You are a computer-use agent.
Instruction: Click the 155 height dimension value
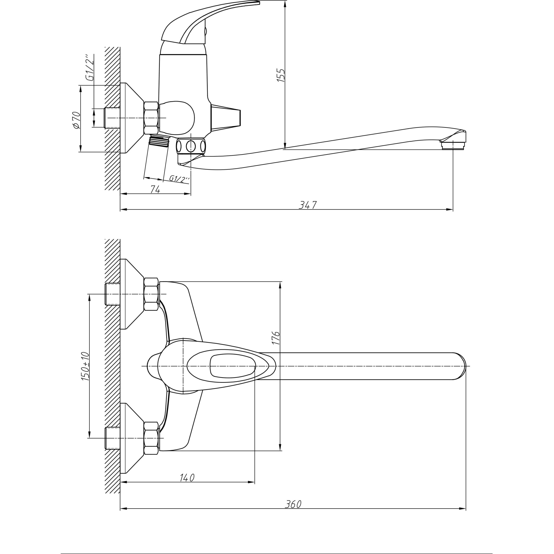click(x=281, y=75)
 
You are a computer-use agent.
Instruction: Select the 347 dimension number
click(x=308, y=205)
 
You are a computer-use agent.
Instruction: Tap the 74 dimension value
click(x=155, y=189)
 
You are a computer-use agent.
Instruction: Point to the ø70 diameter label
click(x=77, y=120)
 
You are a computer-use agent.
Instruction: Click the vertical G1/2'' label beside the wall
click(x=90, y=68)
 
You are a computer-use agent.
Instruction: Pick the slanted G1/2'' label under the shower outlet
click(x=179, y=179)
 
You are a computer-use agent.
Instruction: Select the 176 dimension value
click(x=276, y=338)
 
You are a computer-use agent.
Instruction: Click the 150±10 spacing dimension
click(x=85, y=366)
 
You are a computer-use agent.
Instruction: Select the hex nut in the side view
click(x=151, y=118)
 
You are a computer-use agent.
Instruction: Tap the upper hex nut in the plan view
click(x=151, y=294)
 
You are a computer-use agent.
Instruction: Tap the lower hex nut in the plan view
click(x=151, y=438)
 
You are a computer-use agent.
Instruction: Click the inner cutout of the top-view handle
click(x=232, y=366)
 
